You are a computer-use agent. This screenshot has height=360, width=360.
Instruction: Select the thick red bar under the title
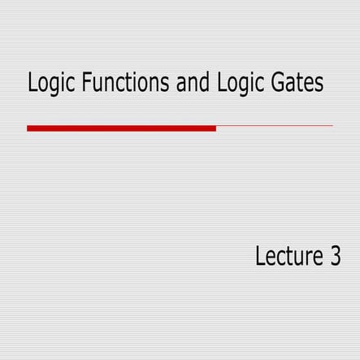pyautogui.click(x=121, y=128)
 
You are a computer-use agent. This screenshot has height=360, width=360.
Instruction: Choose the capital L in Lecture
pyautogui.click(x=260, y=257)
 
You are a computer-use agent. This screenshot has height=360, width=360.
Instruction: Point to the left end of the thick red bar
pyautogui.click(x=28, y=128)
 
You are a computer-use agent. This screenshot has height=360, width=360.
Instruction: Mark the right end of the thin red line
pyautogui.click(x=332, y=126)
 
